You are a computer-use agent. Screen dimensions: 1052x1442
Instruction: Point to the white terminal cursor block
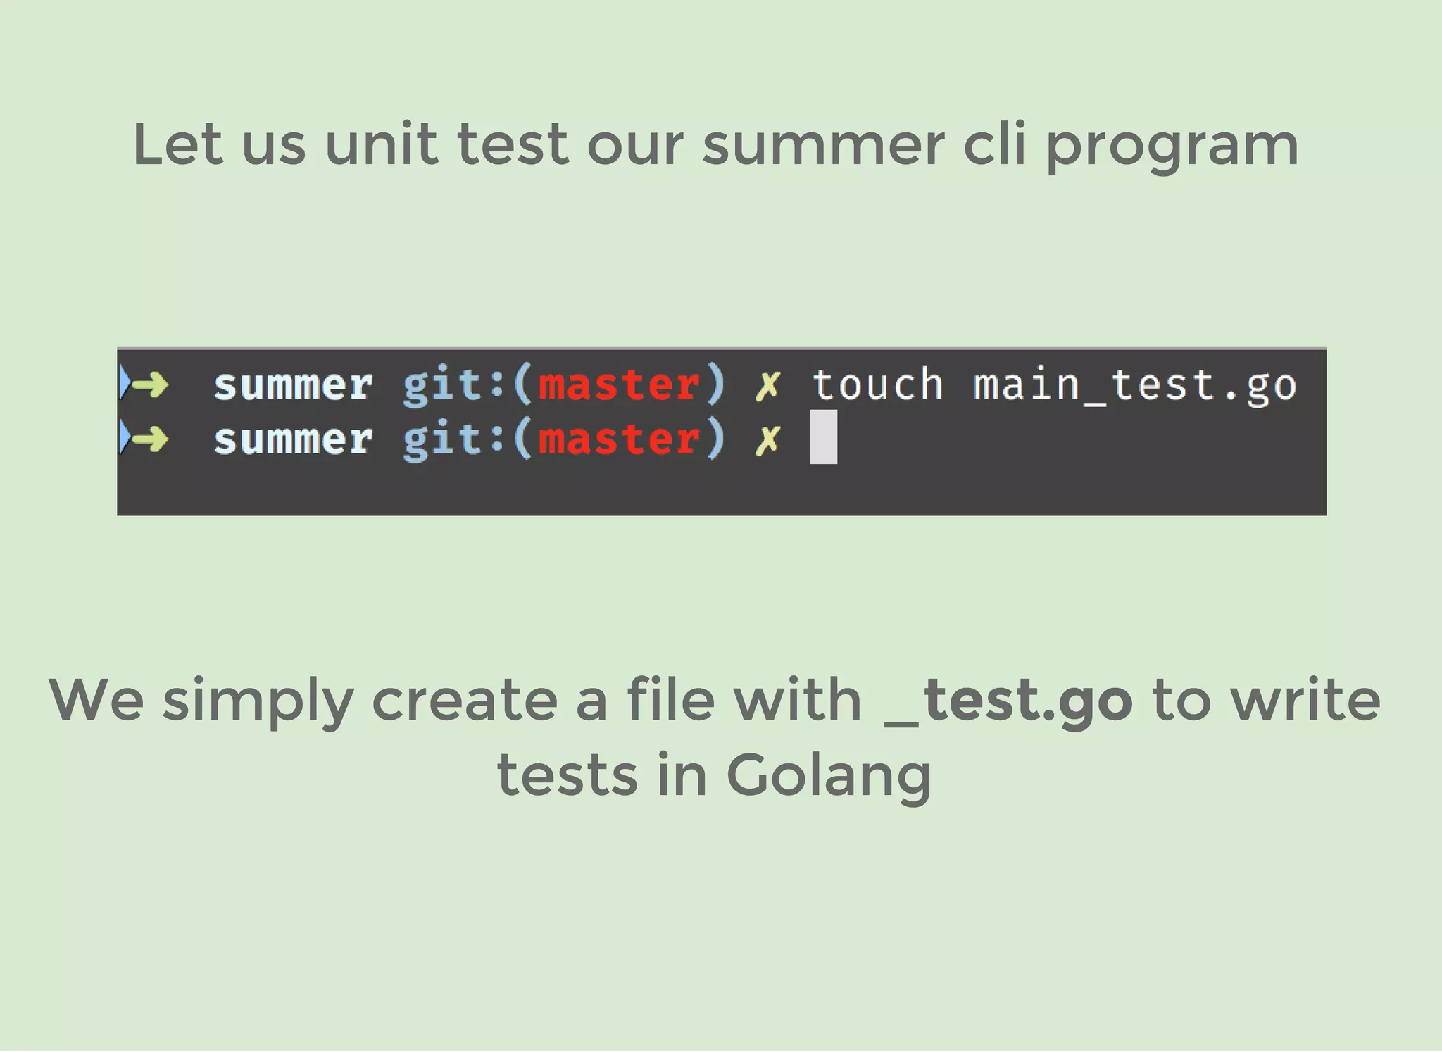823,437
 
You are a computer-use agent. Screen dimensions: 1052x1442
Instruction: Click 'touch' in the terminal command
877,384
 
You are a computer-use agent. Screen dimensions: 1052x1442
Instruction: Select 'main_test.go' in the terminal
1134,385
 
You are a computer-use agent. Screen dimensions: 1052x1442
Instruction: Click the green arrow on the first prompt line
150,384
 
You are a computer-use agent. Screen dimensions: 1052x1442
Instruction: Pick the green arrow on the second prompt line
150,439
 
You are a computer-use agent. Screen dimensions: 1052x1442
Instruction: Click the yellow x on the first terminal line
767,385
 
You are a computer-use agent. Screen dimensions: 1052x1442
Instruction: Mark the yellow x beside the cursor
767,440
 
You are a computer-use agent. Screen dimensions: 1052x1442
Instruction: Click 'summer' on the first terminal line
293,385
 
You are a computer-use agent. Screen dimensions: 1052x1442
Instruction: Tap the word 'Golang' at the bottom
828,776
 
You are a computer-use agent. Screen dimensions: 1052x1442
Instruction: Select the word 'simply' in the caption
257,701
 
